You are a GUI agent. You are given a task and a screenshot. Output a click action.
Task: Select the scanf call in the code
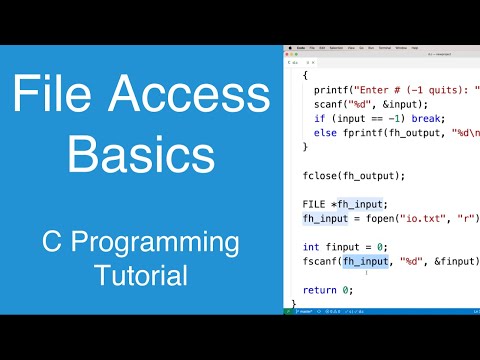coord(326,104)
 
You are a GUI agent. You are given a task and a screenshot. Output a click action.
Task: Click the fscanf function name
coord(320,261)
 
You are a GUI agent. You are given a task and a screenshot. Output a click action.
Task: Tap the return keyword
coord(319,289)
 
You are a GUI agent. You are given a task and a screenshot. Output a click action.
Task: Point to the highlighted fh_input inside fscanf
coord(365,261)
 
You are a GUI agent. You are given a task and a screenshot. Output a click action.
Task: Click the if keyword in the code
coord(317,118)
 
